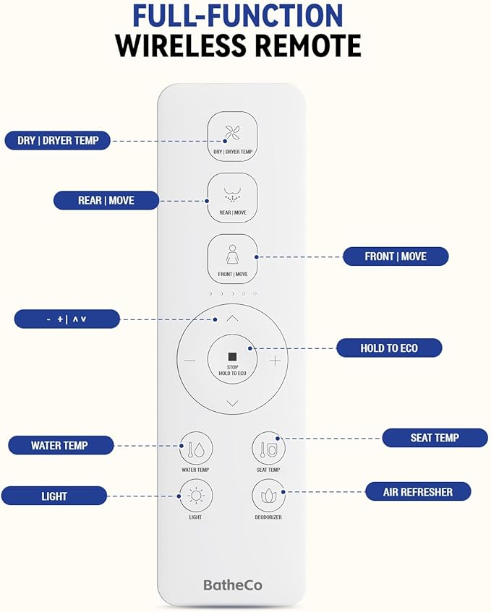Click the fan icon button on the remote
(232, 136)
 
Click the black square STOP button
(232, 357)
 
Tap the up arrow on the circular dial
(232, 318)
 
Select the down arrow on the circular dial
(232, 402)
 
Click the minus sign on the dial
(189, 361)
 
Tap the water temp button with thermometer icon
(195, 448)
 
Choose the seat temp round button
(268, 448)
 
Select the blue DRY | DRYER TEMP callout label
(58, 140)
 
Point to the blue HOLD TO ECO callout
(389, 348)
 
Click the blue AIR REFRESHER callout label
(418, 492)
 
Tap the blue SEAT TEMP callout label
(435, 437)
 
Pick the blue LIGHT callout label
(54, 496)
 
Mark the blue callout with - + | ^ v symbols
(67, 319)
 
